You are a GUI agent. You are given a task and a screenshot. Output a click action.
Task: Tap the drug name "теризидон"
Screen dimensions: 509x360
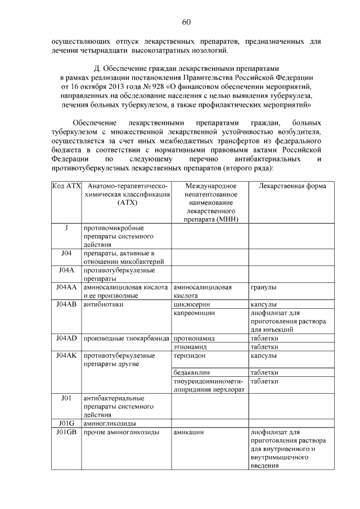(x=190, y=355)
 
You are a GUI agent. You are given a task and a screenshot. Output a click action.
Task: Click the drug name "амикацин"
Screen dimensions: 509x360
(x=188, y=432)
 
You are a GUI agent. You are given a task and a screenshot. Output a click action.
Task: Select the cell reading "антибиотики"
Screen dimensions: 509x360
(x=103, y=304)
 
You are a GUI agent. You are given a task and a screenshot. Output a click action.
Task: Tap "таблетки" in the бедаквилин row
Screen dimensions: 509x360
(x=264, y=372)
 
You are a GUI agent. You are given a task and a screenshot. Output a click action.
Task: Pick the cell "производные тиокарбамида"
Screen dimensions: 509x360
(x=126, y=339)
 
